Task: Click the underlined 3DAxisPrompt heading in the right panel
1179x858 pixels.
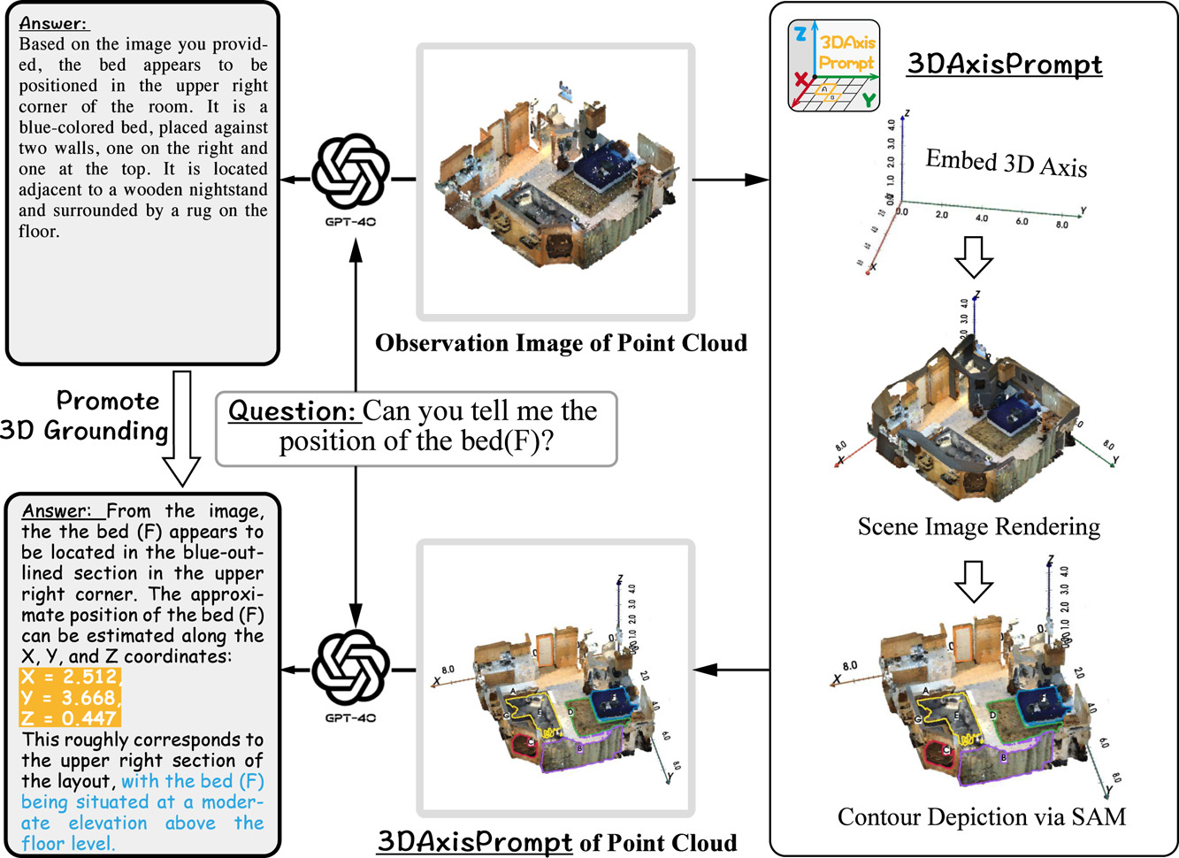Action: point(1005,65)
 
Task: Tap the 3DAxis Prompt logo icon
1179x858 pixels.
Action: point(833,65)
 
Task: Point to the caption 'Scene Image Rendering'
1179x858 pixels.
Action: point(978,527)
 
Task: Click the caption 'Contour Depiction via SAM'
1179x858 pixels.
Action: point(981,816)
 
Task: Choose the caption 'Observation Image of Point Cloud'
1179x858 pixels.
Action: point(561,343)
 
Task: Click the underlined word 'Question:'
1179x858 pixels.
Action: point(293,411)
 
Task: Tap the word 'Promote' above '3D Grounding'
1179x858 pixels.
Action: point(108,401)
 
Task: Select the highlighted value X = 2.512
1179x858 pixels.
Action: point(69,678)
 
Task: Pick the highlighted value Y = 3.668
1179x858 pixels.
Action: point(69,698)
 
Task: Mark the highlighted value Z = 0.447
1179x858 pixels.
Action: point(69,718)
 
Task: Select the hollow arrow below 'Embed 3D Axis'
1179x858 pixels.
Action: point(974,256)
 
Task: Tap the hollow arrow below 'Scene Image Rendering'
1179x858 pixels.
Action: point(974,579)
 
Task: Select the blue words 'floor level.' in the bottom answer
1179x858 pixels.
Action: point(68,843)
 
